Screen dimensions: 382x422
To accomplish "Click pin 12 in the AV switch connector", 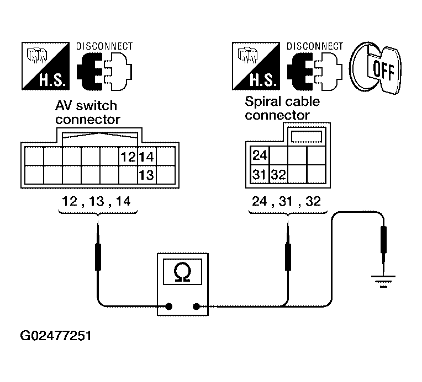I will [128, 157].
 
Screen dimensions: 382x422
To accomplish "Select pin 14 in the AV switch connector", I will [146, 157].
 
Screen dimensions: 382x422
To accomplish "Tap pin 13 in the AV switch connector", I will [146, 175].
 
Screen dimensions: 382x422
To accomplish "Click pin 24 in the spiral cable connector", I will [260, 155].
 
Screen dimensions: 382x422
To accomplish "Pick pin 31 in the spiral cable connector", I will [260, 175].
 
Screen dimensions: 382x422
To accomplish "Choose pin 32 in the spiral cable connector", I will [278, 175].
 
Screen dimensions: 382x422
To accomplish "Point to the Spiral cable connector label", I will [282, 109].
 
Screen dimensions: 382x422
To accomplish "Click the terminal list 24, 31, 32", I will [286, 202].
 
